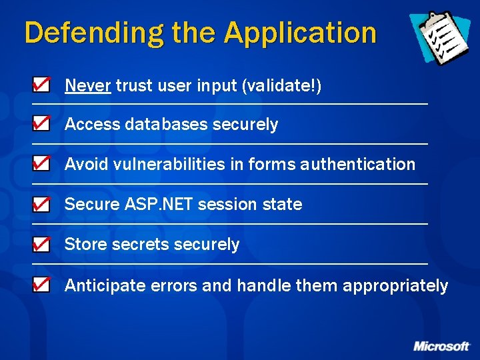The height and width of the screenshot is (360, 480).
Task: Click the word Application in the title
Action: point(300,33)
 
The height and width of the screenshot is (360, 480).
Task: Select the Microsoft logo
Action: point(441,346)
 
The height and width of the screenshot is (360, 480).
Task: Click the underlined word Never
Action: point(87,85)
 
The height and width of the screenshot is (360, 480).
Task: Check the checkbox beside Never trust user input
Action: point(41,85)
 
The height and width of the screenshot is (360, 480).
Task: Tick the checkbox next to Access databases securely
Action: point(41,124)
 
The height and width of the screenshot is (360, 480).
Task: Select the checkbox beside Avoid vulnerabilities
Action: point(41,164)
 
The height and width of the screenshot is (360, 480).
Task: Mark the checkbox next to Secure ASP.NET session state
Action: point(41,205)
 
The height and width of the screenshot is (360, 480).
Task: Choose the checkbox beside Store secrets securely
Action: point(41,245)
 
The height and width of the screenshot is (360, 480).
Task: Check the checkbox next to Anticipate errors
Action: point(41,285)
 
